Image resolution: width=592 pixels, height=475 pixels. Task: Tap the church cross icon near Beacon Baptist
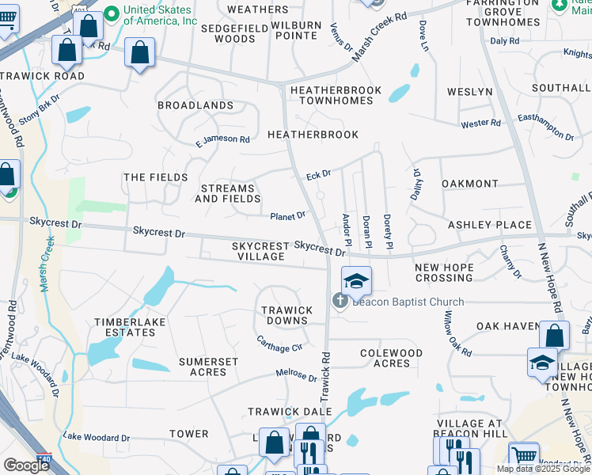click(x=340, y=301)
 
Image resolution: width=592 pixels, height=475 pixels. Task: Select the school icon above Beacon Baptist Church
click(x=356, y=280)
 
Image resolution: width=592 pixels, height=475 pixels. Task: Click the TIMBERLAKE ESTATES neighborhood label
click(x=125, y=327)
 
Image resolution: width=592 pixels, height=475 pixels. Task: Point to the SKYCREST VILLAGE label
click(x=259, y=252)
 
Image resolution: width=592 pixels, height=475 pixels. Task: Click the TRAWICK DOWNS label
click(x=287, y=315)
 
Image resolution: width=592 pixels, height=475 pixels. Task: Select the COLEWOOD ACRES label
click(x=391, y=358)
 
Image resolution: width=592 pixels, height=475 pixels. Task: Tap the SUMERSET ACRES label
click(x=208, y=367)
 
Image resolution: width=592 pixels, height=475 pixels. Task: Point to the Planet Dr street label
click(x=288, y=216)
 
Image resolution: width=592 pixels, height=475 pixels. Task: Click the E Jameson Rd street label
click(x=222, y=140)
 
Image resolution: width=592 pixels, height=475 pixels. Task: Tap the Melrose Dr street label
click(x=296, y=373)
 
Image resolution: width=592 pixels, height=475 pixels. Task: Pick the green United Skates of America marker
click(x=112, y=13)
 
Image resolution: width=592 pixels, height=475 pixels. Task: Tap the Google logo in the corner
click(x=26, y=465)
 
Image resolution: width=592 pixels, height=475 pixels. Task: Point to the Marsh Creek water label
click(x=47, y=264)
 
